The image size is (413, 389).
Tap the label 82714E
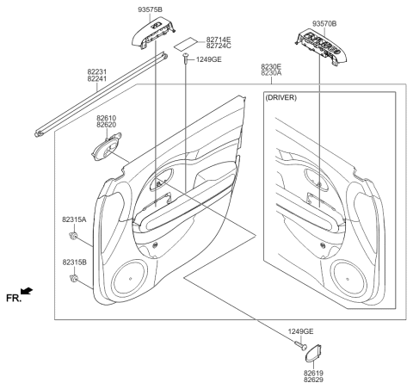point(219,40)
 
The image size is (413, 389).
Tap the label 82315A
point(75,220)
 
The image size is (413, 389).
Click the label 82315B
point(75,262)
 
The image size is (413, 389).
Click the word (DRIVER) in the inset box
point(280,98)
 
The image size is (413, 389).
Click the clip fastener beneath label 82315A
point(76,236)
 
